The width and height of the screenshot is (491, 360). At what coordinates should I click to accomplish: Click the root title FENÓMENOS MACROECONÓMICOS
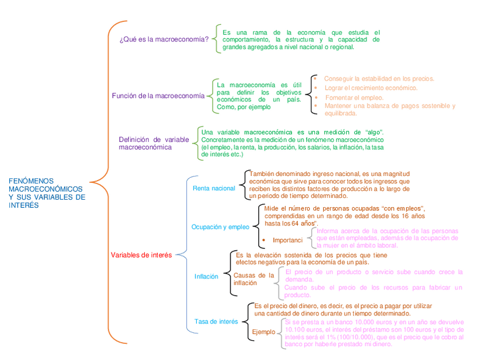(46, 193)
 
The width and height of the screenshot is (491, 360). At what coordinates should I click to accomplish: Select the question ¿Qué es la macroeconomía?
(164, 39)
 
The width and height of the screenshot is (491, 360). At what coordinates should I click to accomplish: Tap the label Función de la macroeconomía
(158, 95)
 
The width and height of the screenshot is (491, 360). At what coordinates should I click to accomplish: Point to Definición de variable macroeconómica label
(153, 144)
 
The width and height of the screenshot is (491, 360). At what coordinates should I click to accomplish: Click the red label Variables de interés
(141, 255)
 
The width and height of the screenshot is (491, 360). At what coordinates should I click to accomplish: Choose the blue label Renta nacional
(214, 188)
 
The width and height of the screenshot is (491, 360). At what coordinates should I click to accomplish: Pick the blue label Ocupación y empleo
(220, 227)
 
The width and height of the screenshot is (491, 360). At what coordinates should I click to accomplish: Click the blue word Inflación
(206, 277)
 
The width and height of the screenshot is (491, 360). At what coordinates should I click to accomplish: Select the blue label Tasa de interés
(216, 322)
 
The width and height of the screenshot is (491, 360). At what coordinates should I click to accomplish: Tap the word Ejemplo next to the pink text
(263, 332)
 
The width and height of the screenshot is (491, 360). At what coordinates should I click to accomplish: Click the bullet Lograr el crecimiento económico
(371, 88)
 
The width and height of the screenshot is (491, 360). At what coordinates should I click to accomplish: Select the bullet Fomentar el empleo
(354, 97)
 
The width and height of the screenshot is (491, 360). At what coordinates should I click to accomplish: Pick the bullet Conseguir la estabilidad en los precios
(379, 78)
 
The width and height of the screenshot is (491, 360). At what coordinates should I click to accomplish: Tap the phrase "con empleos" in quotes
(404, 208)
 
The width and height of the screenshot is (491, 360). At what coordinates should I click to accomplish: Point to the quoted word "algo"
(375, 132)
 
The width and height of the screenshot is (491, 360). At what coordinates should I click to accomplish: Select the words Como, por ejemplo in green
(244, 107)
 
